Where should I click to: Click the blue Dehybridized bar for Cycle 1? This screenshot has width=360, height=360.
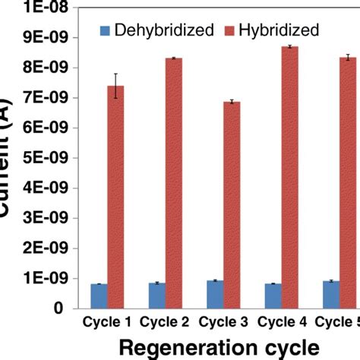pos(99,295)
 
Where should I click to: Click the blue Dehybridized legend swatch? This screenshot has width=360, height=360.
pos(106,30)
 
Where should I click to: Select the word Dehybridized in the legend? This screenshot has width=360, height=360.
pos(159,30)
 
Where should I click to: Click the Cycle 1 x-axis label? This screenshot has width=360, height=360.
pos(107,324)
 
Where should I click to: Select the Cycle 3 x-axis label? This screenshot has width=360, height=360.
pos(223,324)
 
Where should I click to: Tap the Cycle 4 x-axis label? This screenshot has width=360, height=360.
pos(280,324)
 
